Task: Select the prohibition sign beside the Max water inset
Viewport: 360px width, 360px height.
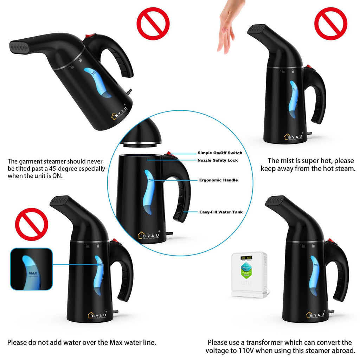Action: pyautogui.click(x=31, y=224)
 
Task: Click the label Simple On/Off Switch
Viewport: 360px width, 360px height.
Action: pyautogui.click(x=220, y=153)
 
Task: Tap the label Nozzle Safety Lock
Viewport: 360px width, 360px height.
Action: pyautogui.click(x=218, y=160)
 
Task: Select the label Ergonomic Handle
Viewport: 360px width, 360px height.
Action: pyautogui.click(x=218, y=180)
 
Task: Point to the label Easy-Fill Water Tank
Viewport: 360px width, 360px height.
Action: pyautogui.click(x=221, y=212)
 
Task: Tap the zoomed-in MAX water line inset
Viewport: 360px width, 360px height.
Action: pyautogui.click(x=31, y=269)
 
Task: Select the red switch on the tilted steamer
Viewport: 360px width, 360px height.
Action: pyautogui.click(x=92, y=36)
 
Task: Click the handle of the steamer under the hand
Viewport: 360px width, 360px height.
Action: pyautogui.click(x=316, y=95)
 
